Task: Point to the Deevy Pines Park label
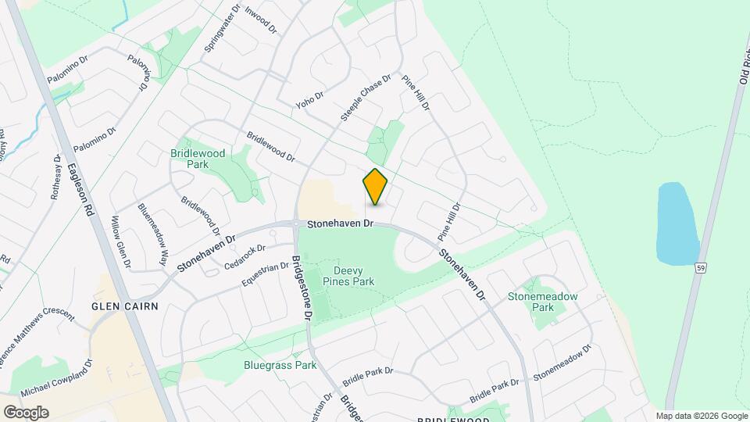pos(348,276)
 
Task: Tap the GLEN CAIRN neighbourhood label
pos(125,306)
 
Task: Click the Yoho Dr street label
pos(309,98)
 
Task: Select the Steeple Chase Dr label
pos(365,98)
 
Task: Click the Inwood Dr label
pos(261,19)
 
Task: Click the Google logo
pos(26,413)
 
